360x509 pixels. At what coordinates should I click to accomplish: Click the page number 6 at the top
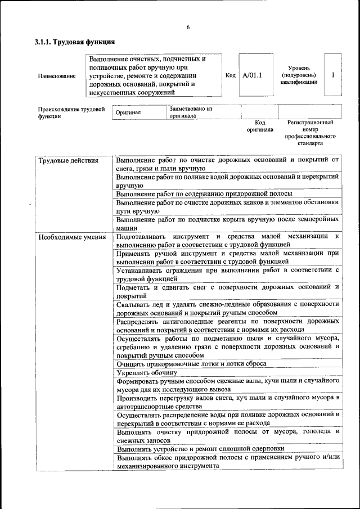pyautogui.click(x=188, y=28)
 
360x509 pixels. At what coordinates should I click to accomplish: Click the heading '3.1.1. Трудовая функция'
pyautogui.click(x=75, y=42)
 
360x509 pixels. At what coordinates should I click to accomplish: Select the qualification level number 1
pyautogui.click(x=333, y=75)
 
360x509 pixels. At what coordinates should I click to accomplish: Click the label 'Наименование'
pyautogui.click(x=57, y=75)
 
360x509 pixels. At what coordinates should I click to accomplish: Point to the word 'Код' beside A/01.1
pyautogui.click(x=230, y=75)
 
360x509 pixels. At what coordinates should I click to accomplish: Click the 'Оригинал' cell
pyautogui.click(x=128, y=112)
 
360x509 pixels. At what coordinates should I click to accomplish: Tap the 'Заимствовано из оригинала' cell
pyautogui.click(x=191, y=112)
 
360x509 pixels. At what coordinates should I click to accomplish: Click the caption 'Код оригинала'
pyautogui.click(x=260, y=125)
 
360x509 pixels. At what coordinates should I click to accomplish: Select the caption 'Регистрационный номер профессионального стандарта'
pyautogui.click(x=310, y=132)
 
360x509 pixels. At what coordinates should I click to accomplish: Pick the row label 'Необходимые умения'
pyautogui.click(x=72, y=237)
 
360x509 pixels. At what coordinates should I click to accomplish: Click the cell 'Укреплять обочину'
pyautogui.click(x=147, y=372)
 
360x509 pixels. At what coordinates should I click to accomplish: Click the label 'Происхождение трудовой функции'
pyautogui.click(x=71, y=112)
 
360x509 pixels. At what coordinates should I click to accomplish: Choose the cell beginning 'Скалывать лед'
pyautogui.click(x=227, y=308)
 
